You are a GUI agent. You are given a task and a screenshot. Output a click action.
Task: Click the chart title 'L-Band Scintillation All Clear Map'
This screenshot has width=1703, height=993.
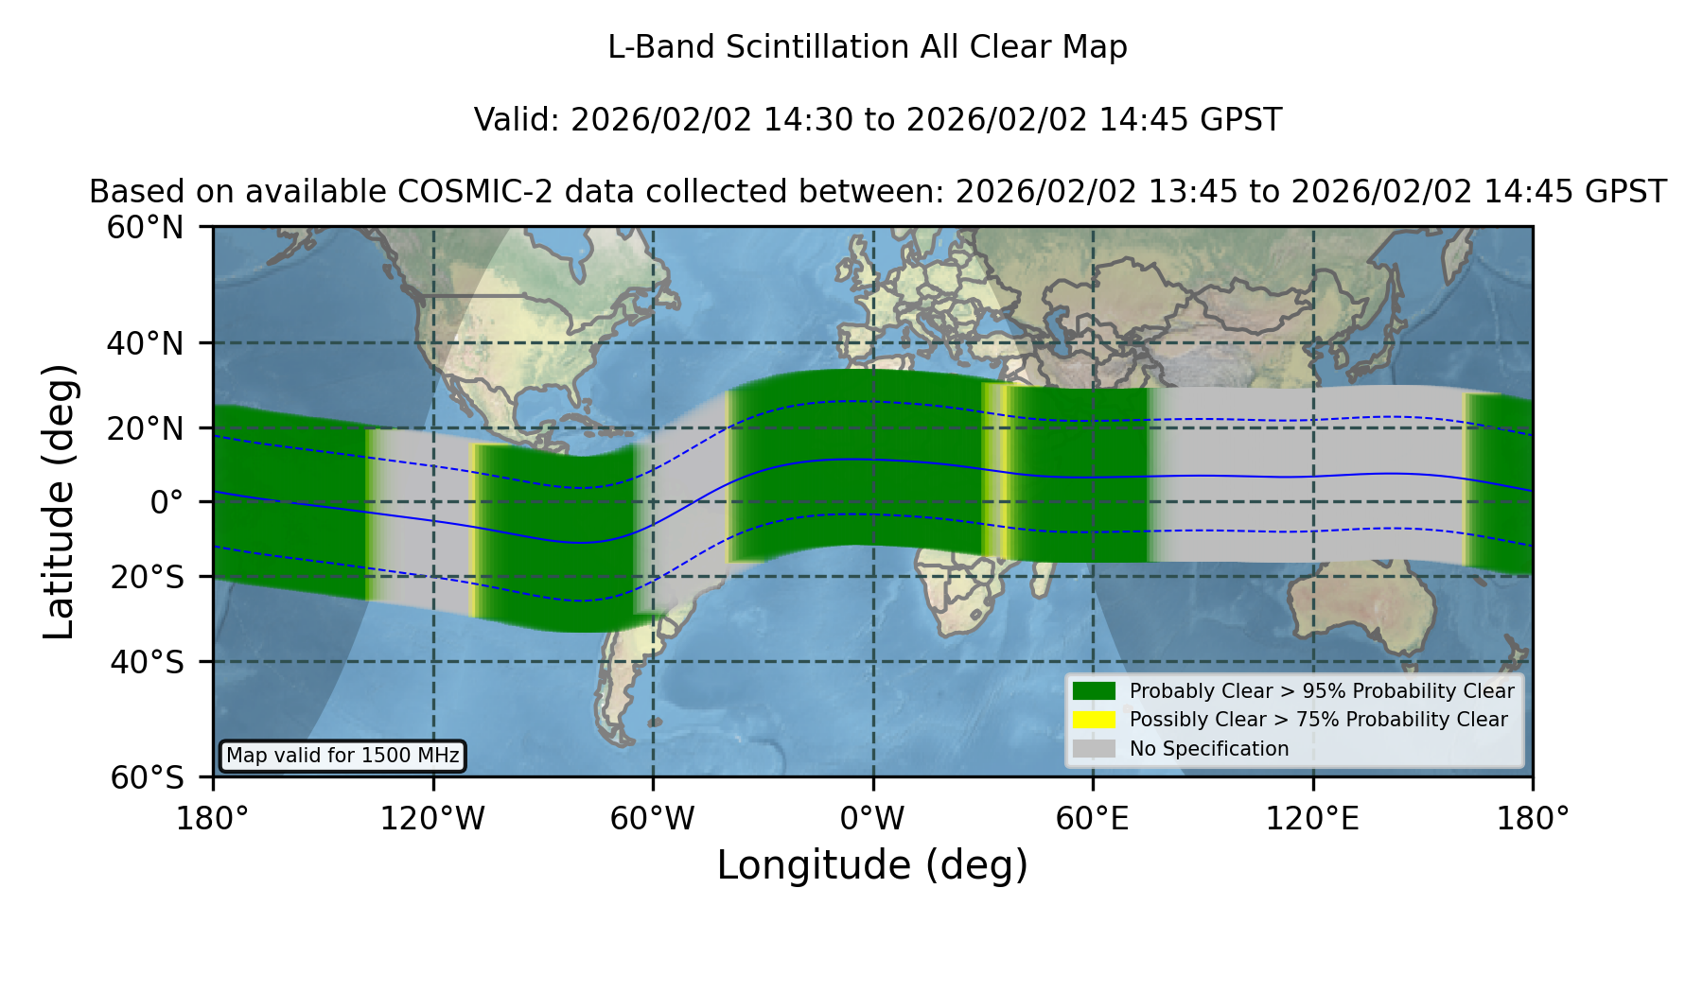coord(867,47)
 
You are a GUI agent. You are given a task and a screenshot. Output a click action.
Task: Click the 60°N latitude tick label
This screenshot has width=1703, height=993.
coord(146,228)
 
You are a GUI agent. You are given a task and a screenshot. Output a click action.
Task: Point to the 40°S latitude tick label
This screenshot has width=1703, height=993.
coord(147,662)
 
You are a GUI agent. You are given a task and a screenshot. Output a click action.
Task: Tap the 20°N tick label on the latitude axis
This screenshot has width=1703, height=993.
coord(146,428)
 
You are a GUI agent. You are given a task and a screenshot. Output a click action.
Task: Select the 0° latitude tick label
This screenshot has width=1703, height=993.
coord(167,502)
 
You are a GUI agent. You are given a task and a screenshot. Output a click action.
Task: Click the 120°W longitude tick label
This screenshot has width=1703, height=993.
coord(432,819)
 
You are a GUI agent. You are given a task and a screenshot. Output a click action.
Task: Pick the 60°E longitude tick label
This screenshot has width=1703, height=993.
coord(1093,819)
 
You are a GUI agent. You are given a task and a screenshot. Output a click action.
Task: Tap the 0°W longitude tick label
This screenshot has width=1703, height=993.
coord(872,819)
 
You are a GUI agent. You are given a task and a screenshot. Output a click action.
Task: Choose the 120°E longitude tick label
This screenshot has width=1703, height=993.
coord(1312,819)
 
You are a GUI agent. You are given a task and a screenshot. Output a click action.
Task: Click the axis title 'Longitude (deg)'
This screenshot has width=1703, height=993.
coord(872,865)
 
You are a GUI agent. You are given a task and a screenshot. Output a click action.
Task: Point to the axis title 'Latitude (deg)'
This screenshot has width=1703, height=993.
coord(60,501)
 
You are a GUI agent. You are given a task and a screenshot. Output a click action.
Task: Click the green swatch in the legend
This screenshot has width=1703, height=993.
coord(1094,691)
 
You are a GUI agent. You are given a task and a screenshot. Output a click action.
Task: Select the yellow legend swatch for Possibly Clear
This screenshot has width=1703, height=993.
coord(1094,720)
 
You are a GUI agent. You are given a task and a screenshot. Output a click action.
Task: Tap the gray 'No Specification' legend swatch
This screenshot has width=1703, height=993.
coord(1094,749)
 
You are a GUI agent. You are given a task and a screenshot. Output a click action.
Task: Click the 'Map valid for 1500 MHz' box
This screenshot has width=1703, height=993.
coord(342,756)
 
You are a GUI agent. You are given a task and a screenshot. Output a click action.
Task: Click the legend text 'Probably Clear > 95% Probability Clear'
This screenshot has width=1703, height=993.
coord(1322,691)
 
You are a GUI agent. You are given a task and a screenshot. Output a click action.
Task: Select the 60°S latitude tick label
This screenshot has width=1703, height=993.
coord(147,777)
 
